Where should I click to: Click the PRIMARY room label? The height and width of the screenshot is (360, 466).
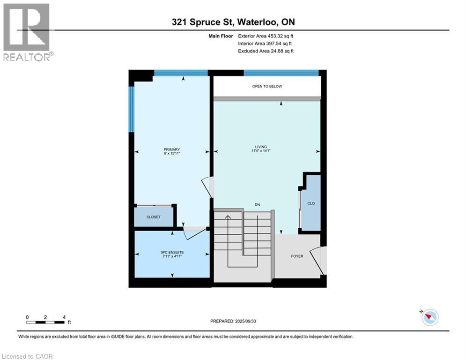[x=172, y=150]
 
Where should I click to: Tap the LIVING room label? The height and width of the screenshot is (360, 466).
[x=267, y=147]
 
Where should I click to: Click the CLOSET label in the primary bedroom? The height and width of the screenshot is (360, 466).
[x=154, y=217]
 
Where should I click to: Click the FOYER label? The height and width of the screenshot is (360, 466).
[x=297, y=256]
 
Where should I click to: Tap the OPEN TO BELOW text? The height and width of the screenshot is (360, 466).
[x=267, y=86]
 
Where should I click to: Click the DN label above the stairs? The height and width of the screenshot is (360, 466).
[x=257, y=205]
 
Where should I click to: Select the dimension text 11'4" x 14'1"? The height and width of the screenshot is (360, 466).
[x=267, y=151]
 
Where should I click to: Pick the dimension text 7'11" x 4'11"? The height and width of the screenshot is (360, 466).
[x=172, y=256]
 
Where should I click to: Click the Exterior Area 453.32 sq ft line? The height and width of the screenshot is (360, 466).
[x=266, y=36]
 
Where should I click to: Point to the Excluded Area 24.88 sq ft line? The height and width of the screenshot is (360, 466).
[x=266, y=51]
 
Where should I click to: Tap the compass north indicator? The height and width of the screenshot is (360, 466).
[x=429, y=317]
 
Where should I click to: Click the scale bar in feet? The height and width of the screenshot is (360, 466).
[x=45, y=322]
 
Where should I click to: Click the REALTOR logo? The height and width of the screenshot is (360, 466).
[x=27, y=31]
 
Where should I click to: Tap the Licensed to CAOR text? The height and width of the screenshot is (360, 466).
[x=28, y=356]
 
